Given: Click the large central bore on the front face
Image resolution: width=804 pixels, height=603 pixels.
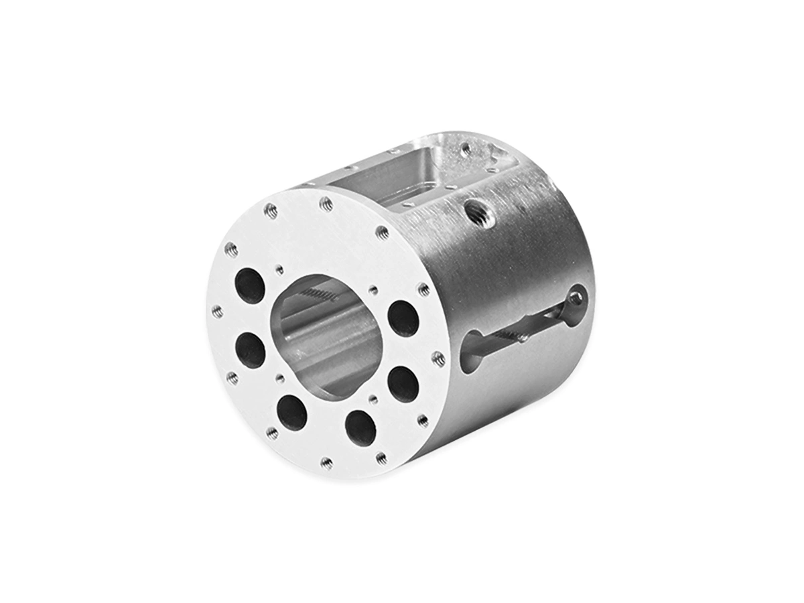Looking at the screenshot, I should click(326, 335).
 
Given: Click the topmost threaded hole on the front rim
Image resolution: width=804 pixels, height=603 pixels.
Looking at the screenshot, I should click(326, 204).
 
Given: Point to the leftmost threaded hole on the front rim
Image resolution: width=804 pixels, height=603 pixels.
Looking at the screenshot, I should click(217, 311).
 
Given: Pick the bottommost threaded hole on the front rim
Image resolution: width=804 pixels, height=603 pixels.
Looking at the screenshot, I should click(327, 462).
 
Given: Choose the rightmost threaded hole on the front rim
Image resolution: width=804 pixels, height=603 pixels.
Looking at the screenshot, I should click(438, 358).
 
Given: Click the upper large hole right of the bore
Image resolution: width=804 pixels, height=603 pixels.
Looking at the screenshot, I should click(403, 318).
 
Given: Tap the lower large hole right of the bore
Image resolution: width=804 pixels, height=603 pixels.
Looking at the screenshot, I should click(403, 383).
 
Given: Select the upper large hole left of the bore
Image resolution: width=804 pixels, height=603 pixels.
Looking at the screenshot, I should click(249, 285).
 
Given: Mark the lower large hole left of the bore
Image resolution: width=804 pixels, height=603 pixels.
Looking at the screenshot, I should click(249, 350).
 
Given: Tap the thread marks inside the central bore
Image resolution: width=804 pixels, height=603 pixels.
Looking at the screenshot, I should click(320, 293).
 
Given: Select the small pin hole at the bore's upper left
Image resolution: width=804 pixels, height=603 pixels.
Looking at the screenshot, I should click(279, 269).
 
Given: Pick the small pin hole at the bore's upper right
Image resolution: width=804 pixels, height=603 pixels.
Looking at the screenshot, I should click(373, 290).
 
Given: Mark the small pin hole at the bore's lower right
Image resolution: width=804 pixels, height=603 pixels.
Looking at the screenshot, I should click(373, 400).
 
